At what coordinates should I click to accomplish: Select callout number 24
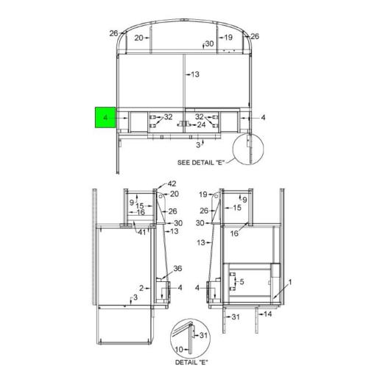(201, 125)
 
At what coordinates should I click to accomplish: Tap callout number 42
(172, 183)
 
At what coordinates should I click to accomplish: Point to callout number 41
(140, 231)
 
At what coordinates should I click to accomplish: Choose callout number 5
(242, 283)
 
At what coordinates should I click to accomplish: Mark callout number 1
(290, 282)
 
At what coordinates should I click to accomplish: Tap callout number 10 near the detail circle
(178, 349)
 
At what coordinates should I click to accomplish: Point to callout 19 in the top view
(228, 38)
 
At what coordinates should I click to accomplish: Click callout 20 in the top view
(138, 38)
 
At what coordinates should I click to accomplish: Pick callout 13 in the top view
(195, 74)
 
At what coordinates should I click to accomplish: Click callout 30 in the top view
(209, 44)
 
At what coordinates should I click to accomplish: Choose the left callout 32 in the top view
(168, 117)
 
